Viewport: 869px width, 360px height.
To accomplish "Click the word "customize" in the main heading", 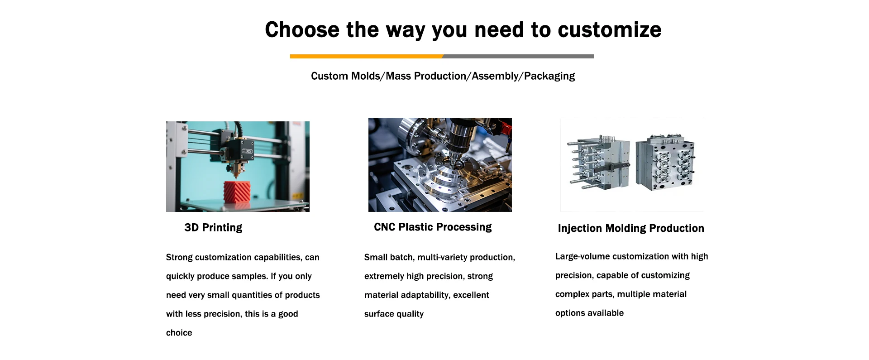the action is tap(610, 30).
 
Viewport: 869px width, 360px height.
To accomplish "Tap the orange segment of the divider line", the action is tap(367, 57).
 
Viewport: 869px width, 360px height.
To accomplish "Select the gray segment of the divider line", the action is tap(518, 57).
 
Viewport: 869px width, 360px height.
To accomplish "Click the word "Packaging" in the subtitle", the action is tap(549, 76).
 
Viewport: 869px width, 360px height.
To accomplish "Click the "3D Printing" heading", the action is tap(213, 227).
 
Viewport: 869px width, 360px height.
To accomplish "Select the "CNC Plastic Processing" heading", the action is tap(433, 227).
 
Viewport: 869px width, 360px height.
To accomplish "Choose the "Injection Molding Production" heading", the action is tap(631, 228).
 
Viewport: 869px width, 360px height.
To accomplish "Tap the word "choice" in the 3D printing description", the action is tap(179, 333).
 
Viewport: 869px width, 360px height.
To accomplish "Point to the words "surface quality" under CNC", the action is tap(394, 314).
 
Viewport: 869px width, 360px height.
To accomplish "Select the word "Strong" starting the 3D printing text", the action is tap(179, 257).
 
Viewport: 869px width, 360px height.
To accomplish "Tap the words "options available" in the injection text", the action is tap(589, 313).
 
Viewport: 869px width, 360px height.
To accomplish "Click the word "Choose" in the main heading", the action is tap(302, 30).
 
